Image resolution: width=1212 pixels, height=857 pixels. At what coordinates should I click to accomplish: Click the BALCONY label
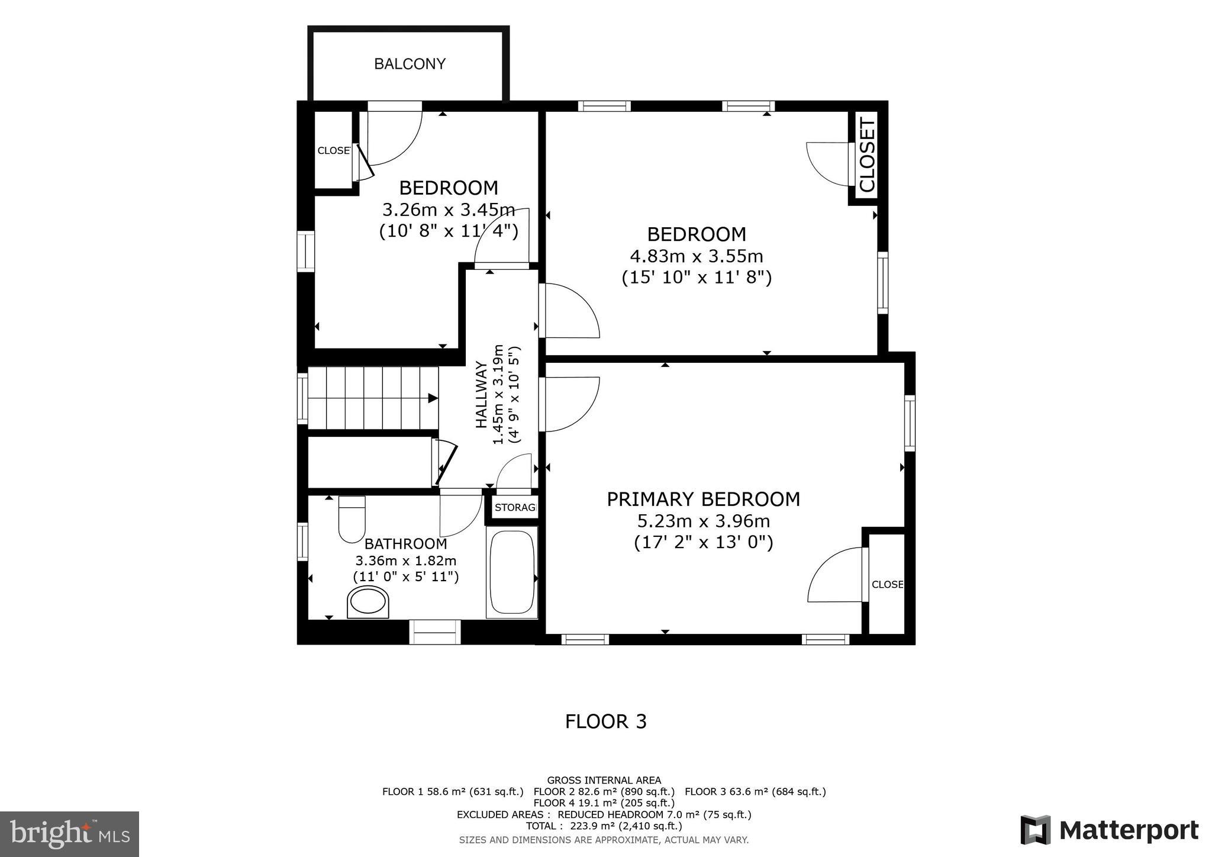coord(410,64)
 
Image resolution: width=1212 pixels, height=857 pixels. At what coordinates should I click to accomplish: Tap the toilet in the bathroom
coord(352,519)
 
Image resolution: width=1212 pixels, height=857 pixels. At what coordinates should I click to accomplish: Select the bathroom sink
coord(368,602)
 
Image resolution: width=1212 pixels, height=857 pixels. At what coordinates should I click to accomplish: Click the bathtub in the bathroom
coord(512,572)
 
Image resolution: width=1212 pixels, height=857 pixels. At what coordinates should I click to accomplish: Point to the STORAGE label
coord(515,507)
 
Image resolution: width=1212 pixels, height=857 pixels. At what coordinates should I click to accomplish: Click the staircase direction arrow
coord(433,398)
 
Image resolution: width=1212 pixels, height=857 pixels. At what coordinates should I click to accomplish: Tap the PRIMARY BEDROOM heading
coord(703,499)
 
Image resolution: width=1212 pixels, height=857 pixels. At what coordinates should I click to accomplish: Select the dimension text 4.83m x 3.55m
coord(696,256)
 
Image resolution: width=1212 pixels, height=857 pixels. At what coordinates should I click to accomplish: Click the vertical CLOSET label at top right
coord(867,154)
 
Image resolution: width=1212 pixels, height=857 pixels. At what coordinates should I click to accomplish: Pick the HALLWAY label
coord(481,394)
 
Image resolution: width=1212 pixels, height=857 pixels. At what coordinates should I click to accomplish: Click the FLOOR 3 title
coord(605,721)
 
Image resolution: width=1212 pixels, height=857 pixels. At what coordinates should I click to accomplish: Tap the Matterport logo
coord(1109,830)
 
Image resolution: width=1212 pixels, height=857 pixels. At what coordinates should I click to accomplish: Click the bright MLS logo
coord(70,834)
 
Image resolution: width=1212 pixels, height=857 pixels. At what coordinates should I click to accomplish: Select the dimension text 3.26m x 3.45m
coord(448,210)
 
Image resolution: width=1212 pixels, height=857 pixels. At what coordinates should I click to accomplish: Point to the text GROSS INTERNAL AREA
coord(604,780)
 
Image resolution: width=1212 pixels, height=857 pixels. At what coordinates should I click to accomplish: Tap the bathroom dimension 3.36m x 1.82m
coord(405,560)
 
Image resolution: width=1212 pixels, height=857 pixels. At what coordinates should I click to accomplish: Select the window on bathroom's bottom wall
coord(435,632)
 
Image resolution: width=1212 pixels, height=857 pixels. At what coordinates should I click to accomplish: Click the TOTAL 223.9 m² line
coord(604,826)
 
